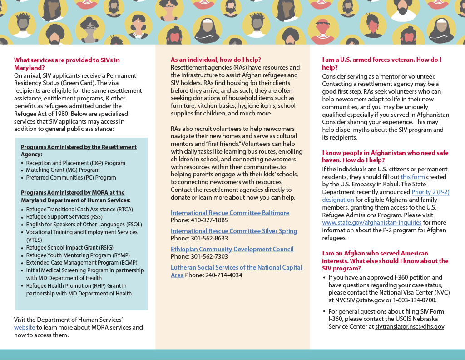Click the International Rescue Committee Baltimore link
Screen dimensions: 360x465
pos(230,213)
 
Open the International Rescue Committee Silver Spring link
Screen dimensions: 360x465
pos(234,231)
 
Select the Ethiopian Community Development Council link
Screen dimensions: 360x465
pos(232,249)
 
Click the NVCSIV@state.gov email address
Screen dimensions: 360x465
pos(360,300)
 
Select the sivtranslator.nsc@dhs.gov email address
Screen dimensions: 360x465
pos(410,326)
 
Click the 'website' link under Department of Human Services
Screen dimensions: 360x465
pos(25,327)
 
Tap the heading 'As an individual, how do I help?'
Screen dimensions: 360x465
pos(216,60)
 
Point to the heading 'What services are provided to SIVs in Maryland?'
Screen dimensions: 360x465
pos(67,64)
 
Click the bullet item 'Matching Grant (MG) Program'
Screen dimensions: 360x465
pos(63,170)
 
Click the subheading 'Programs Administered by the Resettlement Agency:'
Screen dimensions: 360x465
pos(79,150)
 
